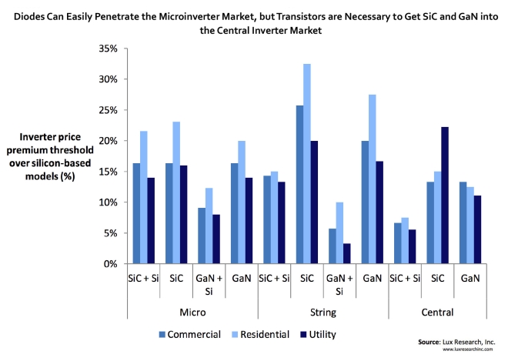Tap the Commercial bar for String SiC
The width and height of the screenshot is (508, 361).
(299, 185)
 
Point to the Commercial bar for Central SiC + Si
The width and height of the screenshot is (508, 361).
(397, 243)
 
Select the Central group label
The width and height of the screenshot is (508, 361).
(437, 313)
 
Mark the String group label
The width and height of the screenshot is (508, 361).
(323, 313)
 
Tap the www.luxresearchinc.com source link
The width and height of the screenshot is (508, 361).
(468, 349)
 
